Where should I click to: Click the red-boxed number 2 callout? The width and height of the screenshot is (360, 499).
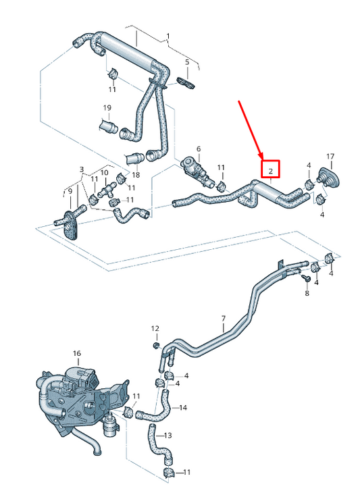(x=270, y=171)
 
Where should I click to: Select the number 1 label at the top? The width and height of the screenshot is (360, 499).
(x=168, y=36)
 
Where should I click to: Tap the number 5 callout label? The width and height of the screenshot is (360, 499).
(x=187, y=62)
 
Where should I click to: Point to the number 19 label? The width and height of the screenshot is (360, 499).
(x=107, y=108)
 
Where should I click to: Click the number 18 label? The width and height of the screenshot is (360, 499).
(x=136, y=175)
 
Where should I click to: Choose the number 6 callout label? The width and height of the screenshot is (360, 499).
(x=199, y=149)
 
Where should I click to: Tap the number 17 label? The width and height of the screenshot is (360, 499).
(x=330, y=156)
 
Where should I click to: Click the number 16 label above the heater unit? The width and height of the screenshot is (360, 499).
(x=76, y=353)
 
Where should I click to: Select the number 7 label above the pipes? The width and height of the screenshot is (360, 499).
(x=223, y=318)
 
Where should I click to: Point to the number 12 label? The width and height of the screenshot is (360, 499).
(x=155, y=328)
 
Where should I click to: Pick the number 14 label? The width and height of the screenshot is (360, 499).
(x=183, y=408)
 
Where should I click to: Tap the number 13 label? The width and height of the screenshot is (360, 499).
(x=168, y=436)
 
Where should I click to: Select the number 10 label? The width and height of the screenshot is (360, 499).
(x=104, y=173)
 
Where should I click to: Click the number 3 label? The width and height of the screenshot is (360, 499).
(x=81, y=169)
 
